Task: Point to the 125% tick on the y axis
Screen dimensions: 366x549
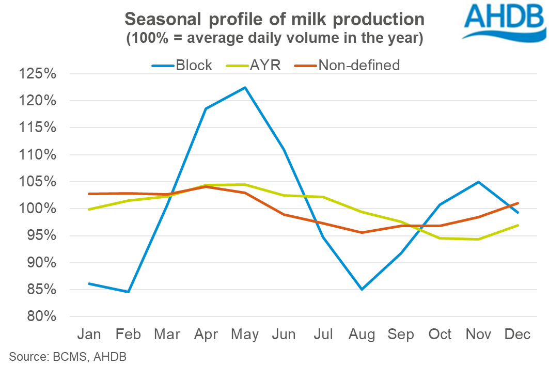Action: pos(37,74)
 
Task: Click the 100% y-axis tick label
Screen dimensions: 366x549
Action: pos(37,209)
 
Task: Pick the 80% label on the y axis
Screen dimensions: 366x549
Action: pos(40,316)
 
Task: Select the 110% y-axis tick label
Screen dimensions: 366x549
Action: pos(37,155)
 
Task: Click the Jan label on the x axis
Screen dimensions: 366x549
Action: pos(89,335)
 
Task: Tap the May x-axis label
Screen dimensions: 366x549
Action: pos(245,335)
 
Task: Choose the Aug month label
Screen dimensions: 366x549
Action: pos(362,335)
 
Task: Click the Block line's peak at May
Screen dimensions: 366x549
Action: pos(245,87)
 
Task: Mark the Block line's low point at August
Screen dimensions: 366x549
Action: pos(362,290)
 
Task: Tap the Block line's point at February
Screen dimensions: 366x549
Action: pos(128,292)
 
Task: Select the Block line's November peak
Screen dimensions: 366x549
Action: pos(479,182)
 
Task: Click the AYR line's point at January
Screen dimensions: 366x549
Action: pos(89,210)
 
